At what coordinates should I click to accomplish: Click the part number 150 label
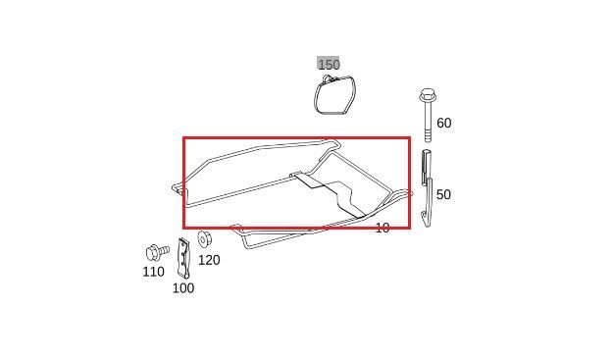coord(329,64)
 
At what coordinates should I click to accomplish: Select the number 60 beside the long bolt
coord(443,123)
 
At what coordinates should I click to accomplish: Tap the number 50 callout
coord(443,194)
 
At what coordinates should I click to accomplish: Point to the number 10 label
coord(382,228)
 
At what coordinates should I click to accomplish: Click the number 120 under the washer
coord(209,260)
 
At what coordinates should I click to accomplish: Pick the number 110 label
coord(153,272)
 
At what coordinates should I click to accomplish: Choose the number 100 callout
coord(183,288)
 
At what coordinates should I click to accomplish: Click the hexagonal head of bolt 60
coord(428,95)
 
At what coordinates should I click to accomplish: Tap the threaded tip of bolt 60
coord(428,137)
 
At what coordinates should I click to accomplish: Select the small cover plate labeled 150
coord(334,95)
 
